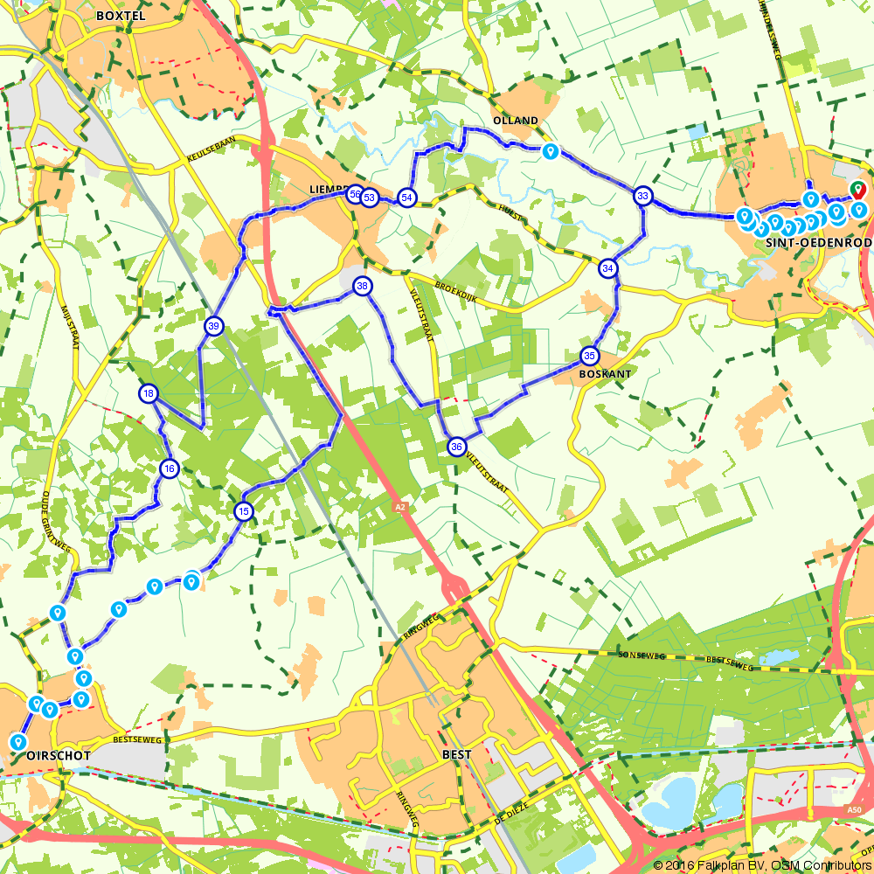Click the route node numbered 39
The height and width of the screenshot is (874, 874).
coord(213,326)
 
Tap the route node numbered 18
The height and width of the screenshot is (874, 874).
coord(148,394)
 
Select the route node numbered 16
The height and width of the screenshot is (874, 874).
coord(170,469)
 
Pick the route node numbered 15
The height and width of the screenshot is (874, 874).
coord(244,511)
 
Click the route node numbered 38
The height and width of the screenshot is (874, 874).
coord(362,286)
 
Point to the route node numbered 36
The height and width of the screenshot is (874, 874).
coord(456,447)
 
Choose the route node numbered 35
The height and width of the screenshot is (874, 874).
coord(589,356)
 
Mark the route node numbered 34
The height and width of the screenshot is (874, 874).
coord(608,267)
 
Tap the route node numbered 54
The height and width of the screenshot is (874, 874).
coord(406,198)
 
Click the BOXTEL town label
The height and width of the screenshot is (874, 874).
coord(120,15)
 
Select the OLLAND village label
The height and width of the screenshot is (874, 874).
coord(516,121)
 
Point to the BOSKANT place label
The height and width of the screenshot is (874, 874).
coord(605,373)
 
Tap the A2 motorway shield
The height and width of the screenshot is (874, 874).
coord(399,506)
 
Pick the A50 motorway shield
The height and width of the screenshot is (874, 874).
coord(854,811)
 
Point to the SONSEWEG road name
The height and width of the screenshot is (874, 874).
coord(636,654)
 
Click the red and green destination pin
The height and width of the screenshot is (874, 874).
coord(857,189)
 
